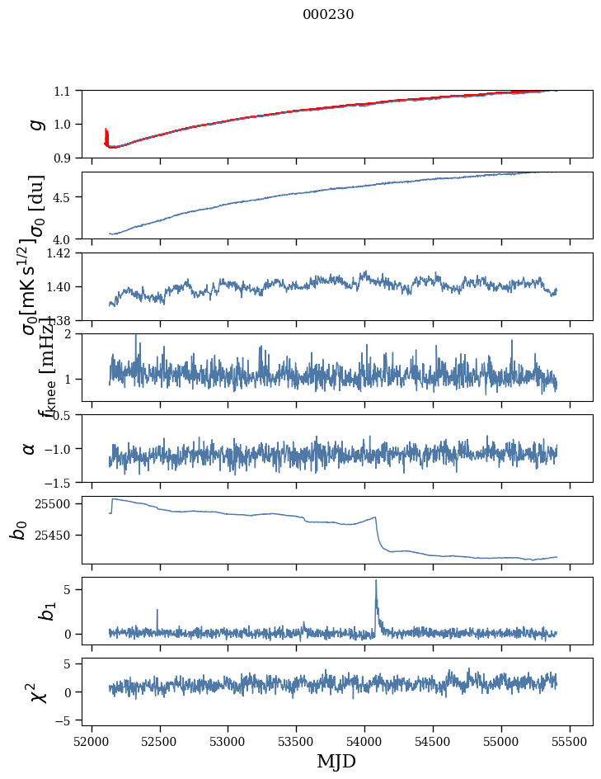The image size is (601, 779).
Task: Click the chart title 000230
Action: (328, 15)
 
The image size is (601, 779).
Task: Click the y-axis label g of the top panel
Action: (35, 124)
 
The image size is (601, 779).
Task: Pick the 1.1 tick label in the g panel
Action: (65, 91)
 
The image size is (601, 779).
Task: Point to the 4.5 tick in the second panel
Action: (65, 197)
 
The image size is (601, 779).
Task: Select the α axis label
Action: (30, 447)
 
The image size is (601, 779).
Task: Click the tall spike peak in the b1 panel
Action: (376, 581)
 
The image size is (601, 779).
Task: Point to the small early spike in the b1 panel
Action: (157, 611)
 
